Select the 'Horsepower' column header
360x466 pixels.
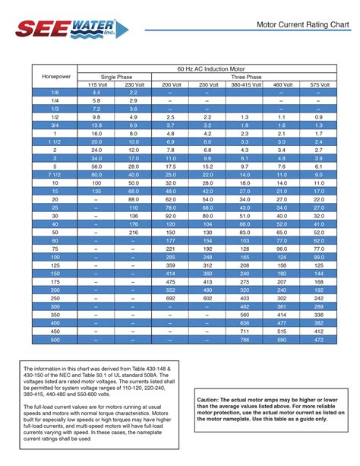(x=55, y=76)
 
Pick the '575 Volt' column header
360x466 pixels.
(x=318, y=84)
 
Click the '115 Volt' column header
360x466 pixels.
(x=96, y=84)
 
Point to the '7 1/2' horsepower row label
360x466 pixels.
(x=55, y=174)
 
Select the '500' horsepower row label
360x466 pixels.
(x=55, y=341)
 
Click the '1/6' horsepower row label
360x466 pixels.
(x=55, y=92)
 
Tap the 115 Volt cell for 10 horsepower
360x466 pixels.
(x=96, y=183)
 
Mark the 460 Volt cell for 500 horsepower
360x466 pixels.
(x=282, y=341)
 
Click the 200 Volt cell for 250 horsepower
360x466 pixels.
(x=170, y=299)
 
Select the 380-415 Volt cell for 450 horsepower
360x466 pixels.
(x=244, y=332)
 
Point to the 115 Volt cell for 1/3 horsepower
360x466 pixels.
(x=96, y=109)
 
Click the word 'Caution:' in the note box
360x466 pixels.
(x=211, y=399)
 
